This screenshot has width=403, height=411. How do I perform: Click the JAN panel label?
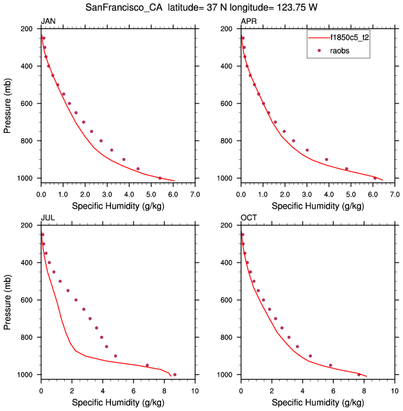coord(48,22)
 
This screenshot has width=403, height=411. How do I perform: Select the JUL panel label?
coord(47,218)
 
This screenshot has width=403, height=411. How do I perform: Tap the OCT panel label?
coord(248,218)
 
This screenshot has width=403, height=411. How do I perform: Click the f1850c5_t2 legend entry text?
coord(349,38)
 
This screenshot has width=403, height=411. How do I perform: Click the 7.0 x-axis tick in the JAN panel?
coord(195,193)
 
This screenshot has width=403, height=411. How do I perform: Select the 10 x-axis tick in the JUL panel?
coord(195,390)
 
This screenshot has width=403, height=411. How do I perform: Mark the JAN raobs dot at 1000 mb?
coord(160,178)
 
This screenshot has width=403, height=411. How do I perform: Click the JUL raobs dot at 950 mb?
coord(147,365)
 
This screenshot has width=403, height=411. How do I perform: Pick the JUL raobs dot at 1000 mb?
coord(175,374)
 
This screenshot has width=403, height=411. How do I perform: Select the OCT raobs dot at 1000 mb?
coord(359,374)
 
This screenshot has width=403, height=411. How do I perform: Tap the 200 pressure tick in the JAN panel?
coord(27,30)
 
